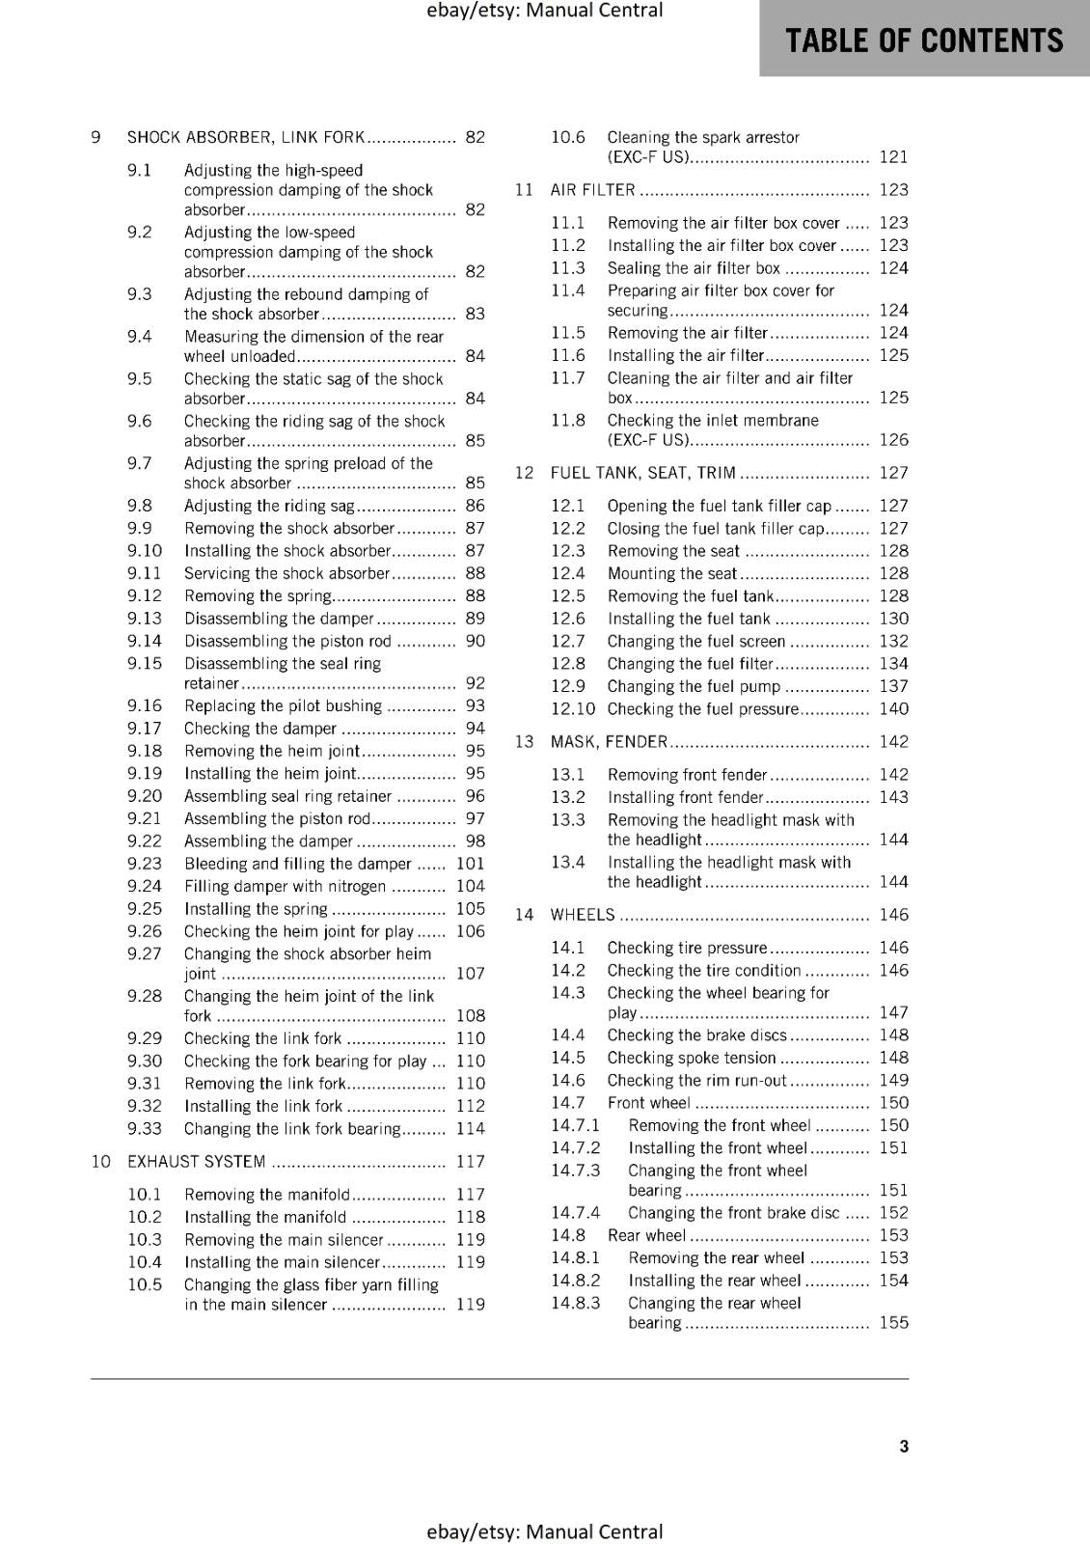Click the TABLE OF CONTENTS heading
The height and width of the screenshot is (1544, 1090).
pyautogui.click(x=924, y=40)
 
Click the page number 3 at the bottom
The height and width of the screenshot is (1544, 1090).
pyautogui.click(x=904, y=1446)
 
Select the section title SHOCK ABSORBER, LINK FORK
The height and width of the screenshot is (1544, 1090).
pyautogui.click(x=246, y=137)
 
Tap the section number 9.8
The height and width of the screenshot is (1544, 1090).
pyautogui.click(x=140, y=506)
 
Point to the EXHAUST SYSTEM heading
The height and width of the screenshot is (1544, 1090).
pyautogui.click(x=196, y=1162)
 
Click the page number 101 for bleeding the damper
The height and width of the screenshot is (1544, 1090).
pyautogui.click(x=470, y=864)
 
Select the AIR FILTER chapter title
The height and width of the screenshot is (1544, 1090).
pyautogui.click(x=592, y=190)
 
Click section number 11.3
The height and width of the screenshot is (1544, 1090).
pyautogui.click(x=568, y=268)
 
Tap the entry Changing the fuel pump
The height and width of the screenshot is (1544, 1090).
pyautogui.click(x=694, y=686)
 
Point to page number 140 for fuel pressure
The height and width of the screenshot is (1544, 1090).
pyautogui.click(x=893, y=709)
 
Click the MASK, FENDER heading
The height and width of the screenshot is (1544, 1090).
pyautogui.click(x=609, y=742)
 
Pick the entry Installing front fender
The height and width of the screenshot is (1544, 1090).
pyautogui.click(x=685, y=797)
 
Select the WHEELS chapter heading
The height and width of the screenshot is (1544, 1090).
pyautogui.click(x=582, y=915)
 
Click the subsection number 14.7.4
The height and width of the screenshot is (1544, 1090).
pyautogui.click(x=575, y=1213)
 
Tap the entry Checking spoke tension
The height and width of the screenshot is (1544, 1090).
pyautogui.click(x=692, y=1058)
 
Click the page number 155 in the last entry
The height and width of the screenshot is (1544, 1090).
pyautogui.click(x=893, y=1323)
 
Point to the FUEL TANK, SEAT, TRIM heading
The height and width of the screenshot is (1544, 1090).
pyautogui.click(x=642, y=473)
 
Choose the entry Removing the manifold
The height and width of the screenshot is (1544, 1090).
pyautogui.click(x=267, y=1195)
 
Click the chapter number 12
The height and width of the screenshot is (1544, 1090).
pyautogui.click(x=524, y=473)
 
